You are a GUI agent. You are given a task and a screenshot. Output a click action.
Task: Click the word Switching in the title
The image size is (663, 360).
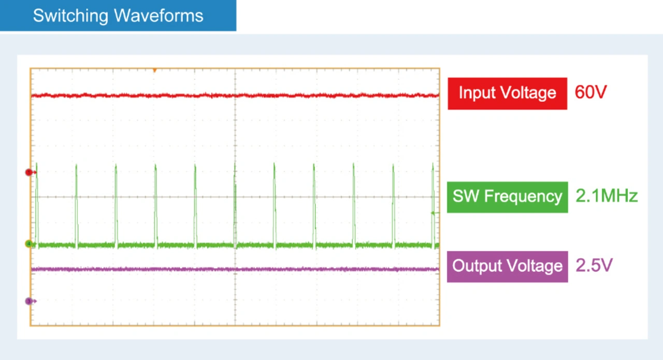70,16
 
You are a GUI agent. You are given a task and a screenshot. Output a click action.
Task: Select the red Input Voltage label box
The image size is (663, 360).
507,94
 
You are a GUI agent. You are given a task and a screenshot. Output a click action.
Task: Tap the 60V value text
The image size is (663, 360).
591,92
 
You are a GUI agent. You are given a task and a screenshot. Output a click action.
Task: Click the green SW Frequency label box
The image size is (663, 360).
507,197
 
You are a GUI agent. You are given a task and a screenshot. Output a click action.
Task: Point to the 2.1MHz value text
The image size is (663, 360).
607,196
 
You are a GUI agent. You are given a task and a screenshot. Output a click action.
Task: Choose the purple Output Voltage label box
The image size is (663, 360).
507,267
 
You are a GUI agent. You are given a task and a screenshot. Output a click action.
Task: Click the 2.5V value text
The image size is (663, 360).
594,265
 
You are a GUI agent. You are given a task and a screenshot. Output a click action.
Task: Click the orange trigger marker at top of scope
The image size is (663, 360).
154,70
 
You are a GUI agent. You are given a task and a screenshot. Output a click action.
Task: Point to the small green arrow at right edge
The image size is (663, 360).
435,213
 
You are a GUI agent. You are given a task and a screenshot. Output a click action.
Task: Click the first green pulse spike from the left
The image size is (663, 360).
37,204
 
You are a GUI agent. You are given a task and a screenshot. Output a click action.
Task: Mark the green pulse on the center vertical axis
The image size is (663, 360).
235,204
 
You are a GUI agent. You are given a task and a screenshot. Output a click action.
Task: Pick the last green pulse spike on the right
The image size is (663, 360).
433,204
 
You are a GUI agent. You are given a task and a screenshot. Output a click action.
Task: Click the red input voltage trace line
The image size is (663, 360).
235,95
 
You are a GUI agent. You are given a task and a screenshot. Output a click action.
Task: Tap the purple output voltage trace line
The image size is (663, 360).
235,269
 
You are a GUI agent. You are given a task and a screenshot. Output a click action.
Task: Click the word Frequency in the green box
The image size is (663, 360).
523,197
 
